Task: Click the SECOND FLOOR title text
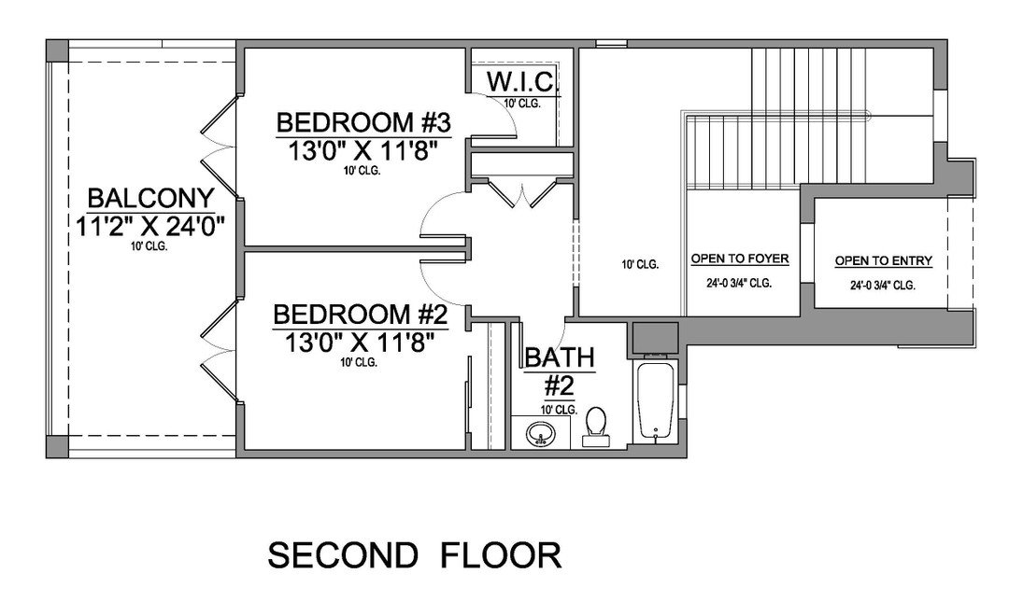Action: tap(415, 555)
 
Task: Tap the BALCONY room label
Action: tap(150, 198)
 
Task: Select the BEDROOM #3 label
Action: tap(363, 121)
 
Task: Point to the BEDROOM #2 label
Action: tap(361, 315)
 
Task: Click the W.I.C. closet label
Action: tap(520, 82)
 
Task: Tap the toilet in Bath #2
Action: tap(595, 427)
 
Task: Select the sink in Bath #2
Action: tap(540, 434)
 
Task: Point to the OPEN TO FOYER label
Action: tap(740, 259)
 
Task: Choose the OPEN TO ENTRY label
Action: tap(884, 260)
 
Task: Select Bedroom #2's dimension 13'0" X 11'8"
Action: tap(360, 343)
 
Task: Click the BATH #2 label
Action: tap(560, 371)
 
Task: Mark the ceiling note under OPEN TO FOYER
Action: tap(739, 283)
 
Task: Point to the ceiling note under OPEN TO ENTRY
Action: tap(883, 285)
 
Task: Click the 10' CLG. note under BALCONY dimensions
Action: tap(149, 246)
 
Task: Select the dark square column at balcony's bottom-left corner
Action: tap(57, 447)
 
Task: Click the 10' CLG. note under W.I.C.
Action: tap(522, 103)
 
